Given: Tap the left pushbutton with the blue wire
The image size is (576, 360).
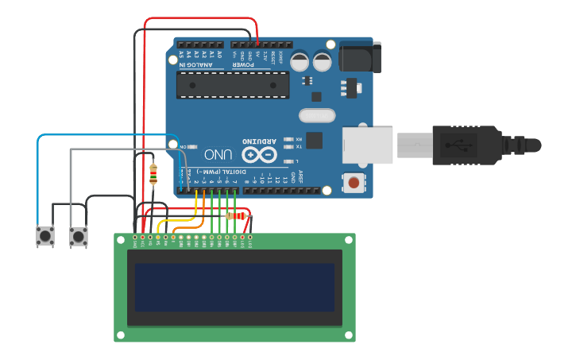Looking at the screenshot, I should [44, 236].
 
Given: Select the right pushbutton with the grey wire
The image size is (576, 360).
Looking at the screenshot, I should [78, 236].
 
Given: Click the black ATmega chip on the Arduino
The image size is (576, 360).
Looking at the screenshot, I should [233, 85].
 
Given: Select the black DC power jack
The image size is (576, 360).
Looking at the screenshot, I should [359, 56].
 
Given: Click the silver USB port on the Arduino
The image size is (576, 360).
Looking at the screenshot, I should [368, 145].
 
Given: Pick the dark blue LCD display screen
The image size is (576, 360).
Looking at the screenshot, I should [234, 288].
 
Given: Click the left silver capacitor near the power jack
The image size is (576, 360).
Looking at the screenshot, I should [300, 61].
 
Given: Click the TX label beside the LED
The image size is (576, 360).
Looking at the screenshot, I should [298, 146].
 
